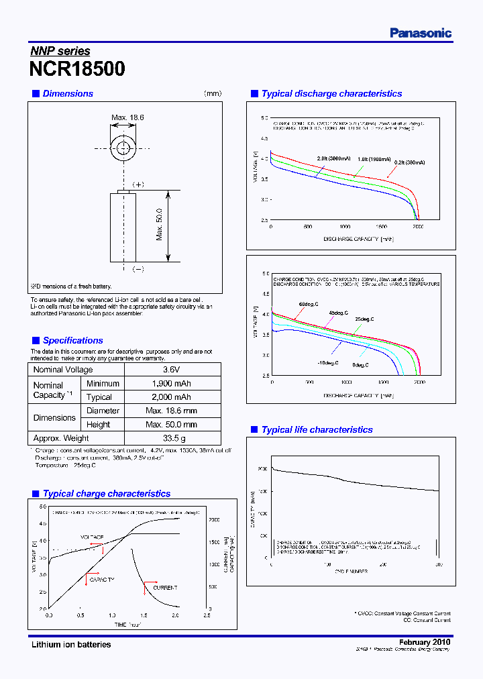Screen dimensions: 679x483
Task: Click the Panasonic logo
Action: (421, 33)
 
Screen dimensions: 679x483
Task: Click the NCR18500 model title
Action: (77, 69)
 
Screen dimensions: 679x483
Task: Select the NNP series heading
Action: (60, 51)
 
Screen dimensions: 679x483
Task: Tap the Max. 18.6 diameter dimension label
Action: (127, 117)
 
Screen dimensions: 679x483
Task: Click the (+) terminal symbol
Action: (138, 184)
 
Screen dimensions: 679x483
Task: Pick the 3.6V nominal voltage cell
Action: (172, 370)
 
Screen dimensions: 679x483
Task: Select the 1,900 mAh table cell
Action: (172, 384)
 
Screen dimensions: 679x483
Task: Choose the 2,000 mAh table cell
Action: (172, 397)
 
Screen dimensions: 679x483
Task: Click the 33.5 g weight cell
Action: (172, 438)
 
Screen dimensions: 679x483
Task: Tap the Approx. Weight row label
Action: (61, 438)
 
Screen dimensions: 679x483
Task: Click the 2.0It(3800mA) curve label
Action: (331, 159)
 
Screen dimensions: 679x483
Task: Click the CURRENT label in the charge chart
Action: (165, 588)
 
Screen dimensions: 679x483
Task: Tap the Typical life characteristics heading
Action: (317, 429)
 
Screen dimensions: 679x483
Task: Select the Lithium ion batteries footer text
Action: (71, 645)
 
